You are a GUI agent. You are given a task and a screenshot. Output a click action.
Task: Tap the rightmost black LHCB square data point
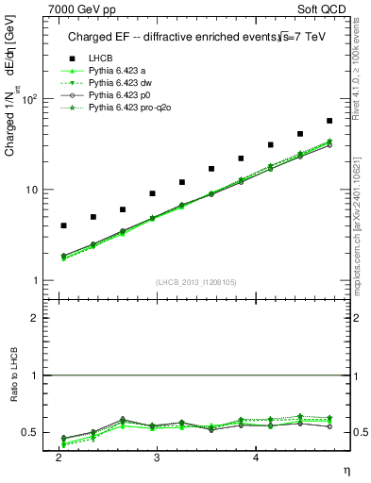tap(329, 121)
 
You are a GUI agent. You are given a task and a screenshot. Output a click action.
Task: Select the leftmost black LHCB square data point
tap(63, 225)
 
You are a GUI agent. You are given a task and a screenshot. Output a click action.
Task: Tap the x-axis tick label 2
tap(59, 457)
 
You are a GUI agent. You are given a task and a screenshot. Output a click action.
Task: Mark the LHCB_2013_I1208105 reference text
tap(195, 282)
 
